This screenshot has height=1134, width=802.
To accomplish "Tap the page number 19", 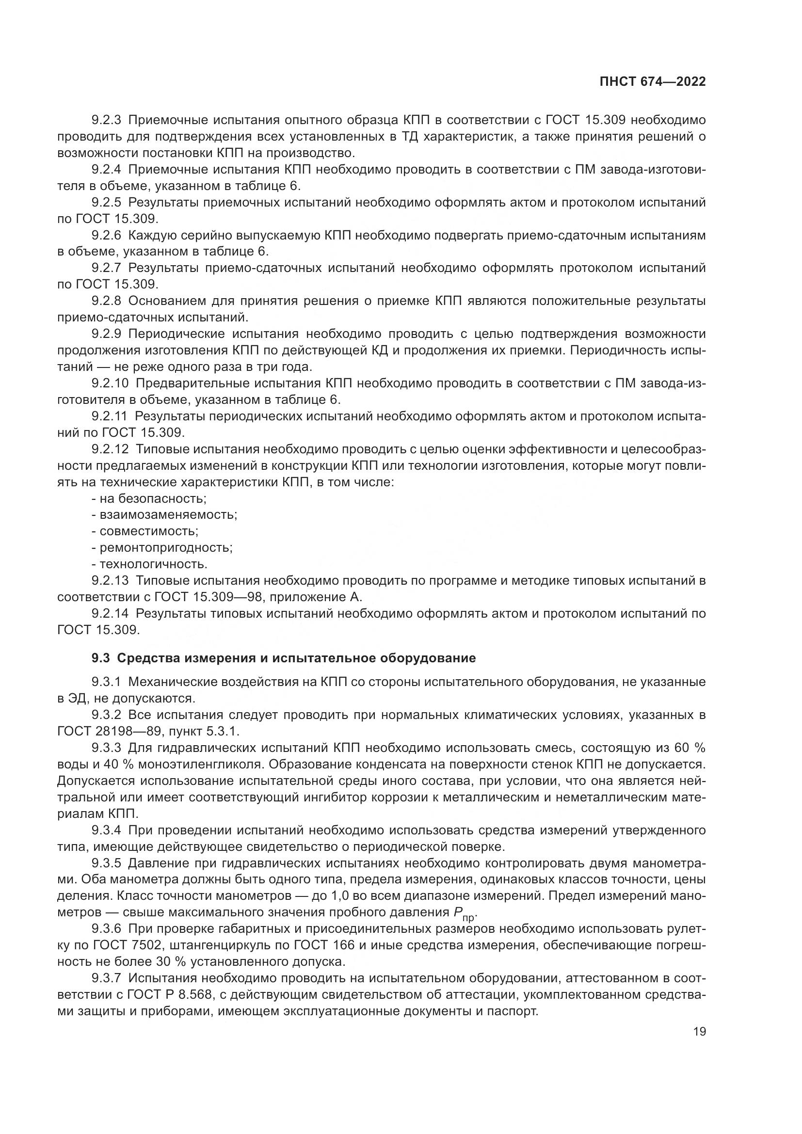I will [x=699, y=1031].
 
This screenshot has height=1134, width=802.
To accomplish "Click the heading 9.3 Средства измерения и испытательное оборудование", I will [x=284, y=658].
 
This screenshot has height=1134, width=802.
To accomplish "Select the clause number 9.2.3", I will [x=106, y=120].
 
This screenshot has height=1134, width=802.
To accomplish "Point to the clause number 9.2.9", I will [x=106, y=334].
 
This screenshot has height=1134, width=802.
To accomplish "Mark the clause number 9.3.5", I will [x=106, y=863].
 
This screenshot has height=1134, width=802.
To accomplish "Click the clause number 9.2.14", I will [x=109, y=613].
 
